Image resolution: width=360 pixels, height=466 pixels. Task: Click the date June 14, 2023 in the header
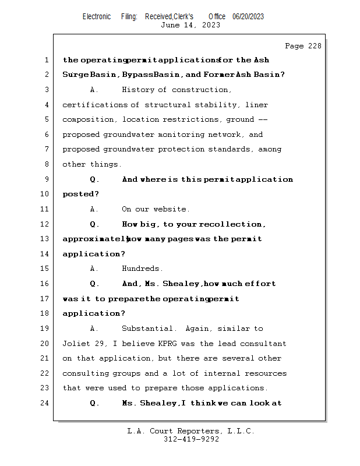pos(190,25)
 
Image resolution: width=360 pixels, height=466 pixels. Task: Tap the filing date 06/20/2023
pos(248,16)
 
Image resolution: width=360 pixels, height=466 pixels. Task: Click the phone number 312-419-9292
pos(191,440)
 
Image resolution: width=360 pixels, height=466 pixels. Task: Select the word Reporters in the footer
pos(196,432)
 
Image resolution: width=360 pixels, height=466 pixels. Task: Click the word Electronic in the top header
pos(97,16)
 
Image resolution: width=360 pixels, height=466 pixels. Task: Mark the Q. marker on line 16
pos(95,284)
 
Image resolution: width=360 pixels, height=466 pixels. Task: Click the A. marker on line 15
pos(95,269)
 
